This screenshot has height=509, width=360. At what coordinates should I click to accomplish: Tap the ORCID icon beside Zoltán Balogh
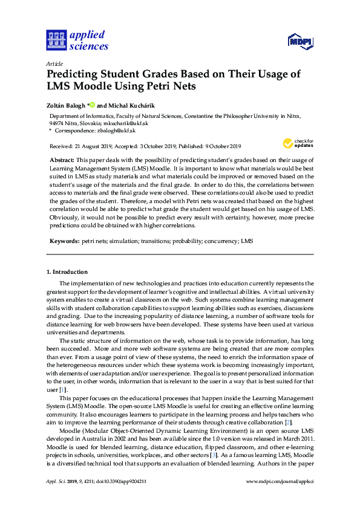pyautogui.click(x=92, y=103)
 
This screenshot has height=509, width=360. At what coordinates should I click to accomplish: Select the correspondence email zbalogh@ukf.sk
pyautogui.click(x=115, y=130)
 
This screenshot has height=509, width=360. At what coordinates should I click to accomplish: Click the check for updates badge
pyautogui.click(x=297, y=143)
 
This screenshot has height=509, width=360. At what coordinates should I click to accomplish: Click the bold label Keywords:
pyautogui.click(x=64, y=241)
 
